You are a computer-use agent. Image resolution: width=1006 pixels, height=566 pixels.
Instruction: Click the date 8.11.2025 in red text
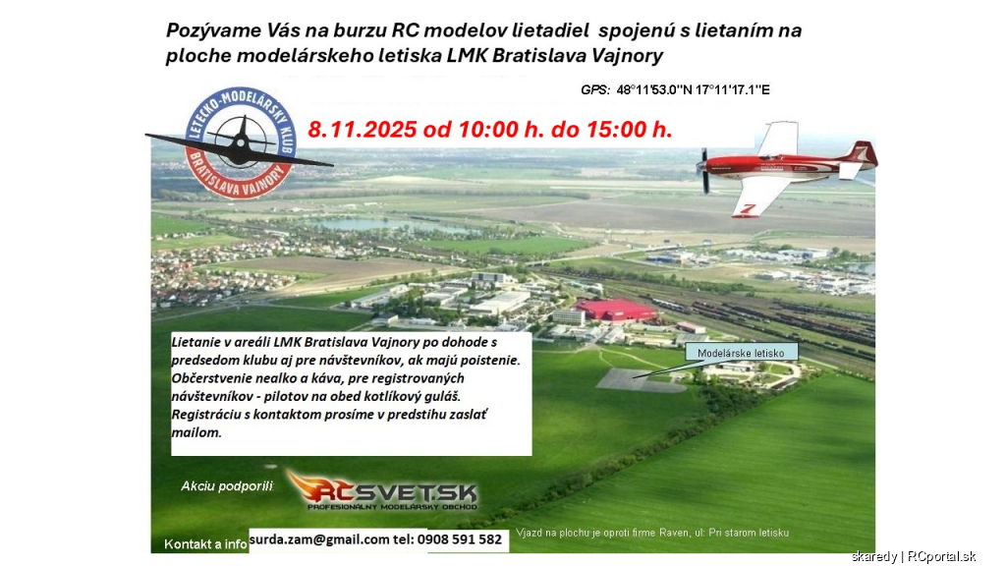click(363, 130)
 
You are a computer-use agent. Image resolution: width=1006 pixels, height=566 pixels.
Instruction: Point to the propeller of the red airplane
click(704, 171)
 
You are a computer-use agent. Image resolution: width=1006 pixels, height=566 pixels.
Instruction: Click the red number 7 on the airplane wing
click(748, 209)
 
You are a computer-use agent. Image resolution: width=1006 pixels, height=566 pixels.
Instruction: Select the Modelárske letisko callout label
click(741, 353)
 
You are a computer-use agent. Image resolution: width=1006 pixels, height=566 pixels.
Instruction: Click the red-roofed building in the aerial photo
click(615, 310)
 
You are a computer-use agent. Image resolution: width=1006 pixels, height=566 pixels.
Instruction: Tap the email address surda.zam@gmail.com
click(319, 539)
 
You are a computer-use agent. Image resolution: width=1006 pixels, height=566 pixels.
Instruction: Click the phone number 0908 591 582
click(460, 539)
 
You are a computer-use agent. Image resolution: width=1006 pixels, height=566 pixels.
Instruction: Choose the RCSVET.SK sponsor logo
click(383, 491)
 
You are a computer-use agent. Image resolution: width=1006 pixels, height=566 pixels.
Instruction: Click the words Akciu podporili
click(227, 486)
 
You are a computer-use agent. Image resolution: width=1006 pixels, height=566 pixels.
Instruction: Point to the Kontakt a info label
click(205, 544)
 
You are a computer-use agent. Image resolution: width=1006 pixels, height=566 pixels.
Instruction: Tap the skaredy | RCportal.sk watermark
click(914, 556)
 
